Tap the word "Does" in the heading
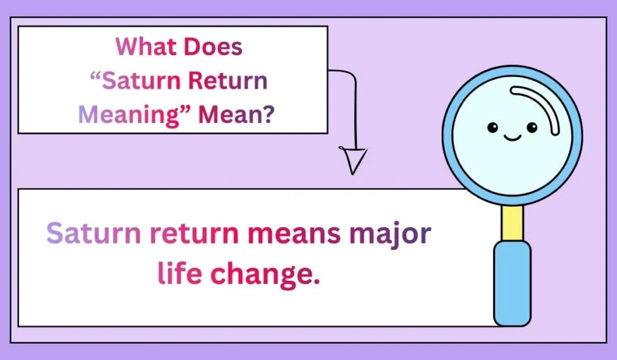[216, 47]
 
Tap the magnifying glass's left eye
[493, 127]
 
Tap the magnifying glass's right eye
[531, 127]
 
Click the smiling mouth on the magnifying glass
[512, 138]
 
